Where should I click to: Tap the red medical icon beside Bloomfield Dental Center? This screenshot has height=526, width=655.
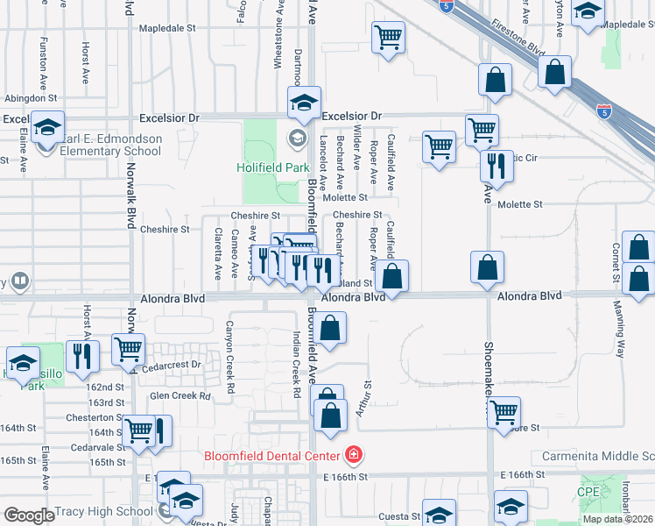(x=353, y=455)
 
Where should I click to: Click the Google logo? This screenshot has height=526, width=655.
(x=29, y=515)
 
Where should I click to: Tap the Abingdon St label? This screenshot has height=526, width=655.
(x=31, y=99)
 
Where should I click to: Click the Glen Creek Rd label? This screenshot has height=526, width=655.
(x=180, y=396)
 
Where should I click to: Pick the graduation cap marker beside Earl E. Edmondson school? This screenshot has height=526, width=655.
(x=47, y=128)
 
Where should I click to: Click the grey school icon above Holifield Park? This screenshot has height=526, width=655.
(x=297, y=139)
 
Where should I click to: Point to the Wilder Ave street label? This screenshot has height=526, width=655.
(x=356, y=146)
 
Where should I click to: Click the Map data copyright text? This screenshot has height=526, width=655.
(x=618, y=519)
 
